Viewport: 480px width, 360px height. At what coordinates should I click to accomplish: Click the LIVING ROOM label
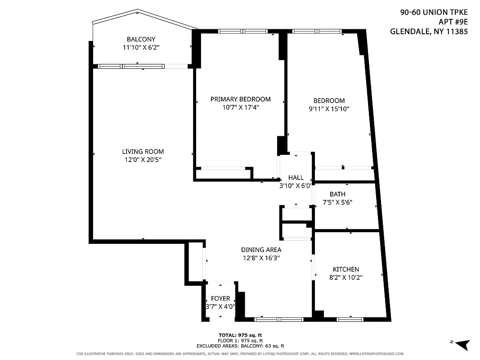143,152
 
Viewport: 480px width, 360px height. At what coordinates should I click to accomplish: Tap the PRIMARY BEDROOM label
240,99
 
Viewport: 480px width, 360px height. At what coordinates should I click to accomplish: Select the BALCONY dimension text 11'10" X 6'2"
141,47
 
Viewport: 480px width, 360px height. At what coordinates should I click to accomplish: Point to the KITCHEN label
345,269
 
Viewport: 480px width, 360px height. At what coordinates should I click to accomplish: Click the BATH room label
337,194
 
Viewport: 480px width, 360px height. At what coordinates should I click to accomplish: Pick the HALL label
296,178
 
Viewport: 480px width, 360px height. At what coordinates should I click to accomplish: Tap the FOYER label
220,298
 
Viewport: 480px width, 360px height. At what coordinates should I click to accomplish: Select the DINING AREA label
261,250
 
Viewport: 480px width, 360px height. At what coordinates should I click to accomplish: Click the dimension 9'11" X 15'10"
329,109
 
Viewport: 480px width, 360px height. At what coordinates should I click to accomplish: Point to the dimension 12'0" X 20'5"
143,160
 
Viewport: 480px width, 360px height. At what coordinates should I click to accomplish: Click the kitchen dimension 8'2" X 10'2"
345,278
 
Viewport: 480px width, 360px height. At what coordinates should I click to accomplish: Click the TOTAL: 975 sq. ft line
240,335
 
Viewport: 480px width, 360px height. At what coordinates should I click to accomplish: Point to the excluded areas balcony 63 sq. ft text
240,346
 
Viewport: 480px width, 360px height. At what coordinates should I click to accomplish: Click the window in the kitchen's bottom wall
350,319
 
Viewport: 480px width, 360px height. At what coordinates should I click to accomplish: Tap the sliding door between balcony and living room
143,66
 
